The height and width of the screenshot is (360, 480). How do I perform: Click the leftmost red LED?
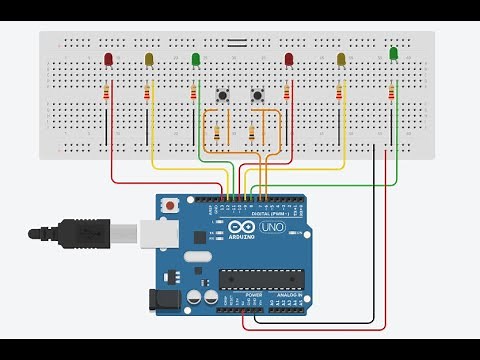click(108, 59)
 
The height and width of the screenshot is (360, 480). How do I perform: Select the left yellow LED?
click(150, 60)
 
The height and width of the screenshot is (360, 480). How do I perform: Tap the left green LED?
click(195, 60)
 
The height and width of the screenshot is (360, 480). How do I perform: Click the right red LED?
click(289, 60)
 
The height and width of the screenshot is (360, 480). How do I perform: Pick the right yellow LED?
click(341, 60)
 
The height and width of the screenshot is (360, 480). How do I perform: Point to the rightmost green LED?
click(393, 53)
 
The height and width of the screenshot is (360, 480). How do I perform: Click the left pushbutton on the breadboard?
click(222, 95)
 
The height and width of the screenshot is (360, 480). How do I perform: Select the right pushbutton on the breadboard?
click(258, 95)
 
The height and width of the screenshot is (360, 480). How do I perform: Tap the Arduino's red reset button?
click(174, 206)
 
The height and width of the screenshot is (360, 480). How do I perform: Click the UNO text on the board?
click(273, 228)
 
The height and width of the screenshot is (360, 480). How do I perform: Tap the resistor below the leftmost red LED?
click(108, 94)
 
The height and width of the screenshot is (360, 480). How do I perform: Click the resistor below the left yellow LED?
click(148, 94)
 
